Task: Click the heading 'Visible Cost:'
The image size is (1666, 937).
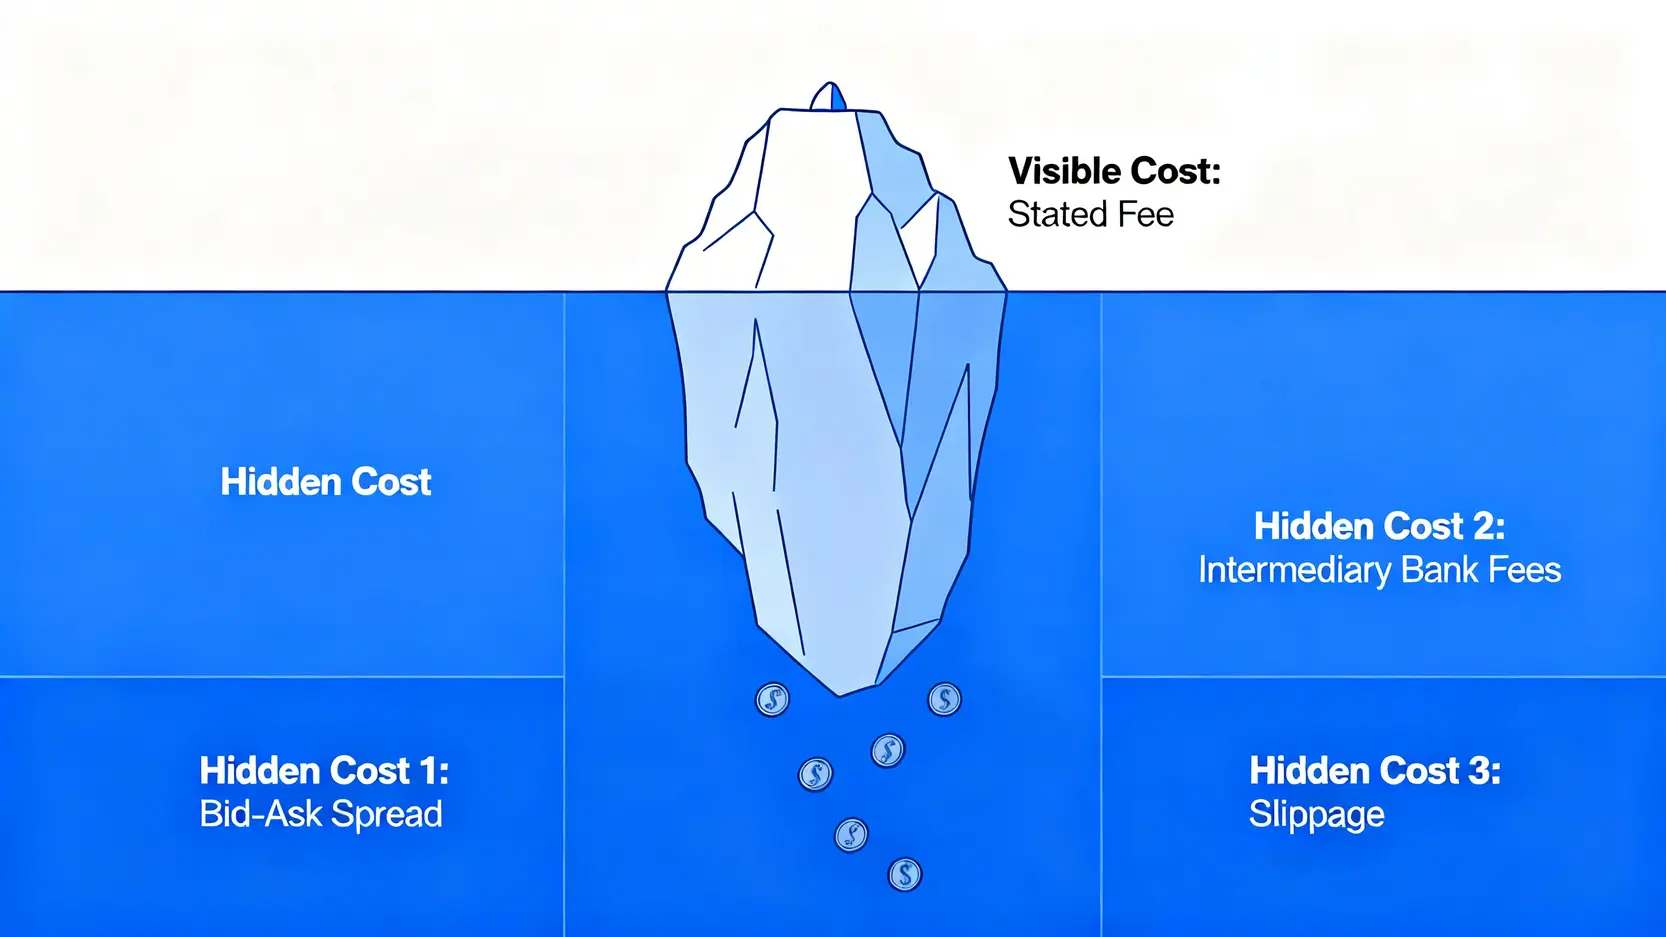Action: tap(1114, 171)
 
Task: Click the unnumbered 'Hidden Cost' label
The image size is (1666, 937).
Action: tap(326, 482)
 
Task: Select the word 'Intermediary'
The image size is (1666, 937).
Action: tap(1295, 571)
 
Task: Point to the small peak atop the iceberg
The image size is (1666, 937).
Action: tap(828, 97)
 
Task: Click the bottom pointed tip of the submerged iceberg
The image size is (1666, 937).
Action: tap(840, 696)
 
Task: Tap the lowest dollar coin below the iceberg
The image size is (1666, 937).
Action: tap(904, 875)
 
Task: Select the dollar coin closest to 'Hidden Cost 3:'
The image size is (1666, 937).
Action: tap(945, 699)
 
